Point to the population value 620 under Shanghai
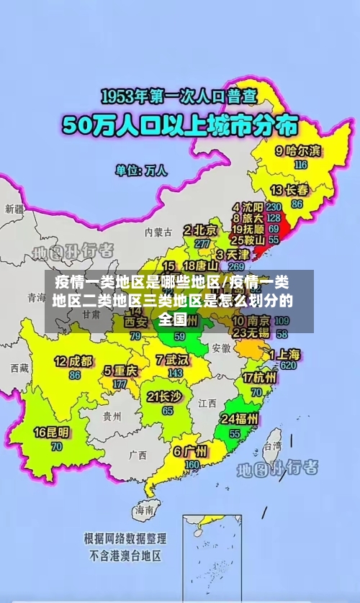pos(289,366)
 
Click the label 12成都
pos(73,361)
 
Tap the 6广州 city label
pos(190,452)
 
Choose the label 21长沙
pos(163,396)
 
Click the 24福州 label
pos(240,419)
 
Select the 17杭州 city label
pos(260,378)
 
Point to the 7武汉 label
pos(171,359)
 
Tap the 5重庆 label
pos(120,371)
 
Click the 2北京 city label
pos(201,230)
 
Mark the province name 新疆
pos(14,209)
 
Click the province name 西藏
pos(19,368)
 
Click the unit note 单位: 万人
pos(141,171)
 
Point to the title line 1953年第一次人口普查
pos(178,96)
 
